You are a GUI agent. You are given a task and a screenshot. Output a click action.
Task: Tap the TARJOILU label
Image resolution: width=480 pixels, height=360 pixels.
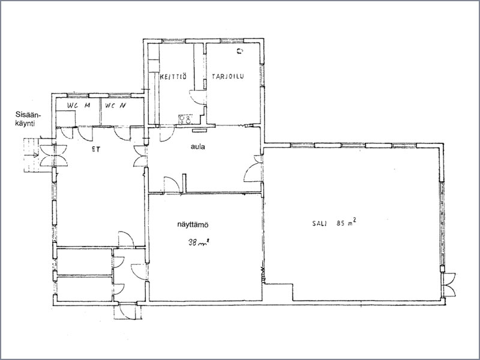coord(228,77)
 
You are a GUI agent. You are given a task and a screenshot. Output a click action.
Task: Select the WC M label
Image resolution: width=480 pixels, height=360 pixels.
coord(79,106)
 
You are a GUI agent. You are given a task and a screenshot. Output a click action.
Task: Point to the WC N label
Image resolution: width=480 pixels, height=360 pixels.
coord(115,106)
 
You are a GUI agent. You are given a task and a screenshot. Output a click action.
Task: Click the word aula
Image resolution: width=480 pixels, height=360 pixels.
coord(198,147)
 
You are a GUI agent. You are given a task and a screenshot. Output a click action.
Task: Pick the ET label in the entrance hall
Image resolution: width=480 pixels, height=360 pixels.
coord(96,149)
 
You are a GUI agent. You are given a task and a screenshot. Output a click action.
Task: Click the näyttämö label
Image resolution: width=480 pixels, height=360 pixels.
coord(193,224)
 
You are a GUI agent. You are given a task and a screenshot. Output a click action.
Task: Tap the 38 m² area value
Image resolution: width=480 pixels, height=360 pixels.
coord(199,242)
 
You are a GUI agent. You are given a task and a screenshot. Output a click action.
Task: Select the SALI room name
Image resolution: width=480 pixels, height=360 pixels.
coord(320,223)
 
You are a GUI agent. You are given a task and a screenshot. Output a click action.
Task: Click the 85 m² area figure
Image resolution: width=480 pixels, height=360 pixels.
coord(347,222)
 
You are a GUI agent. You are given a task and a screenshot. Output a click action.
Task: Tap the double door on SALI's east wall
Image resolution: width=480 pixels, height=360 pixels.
coord(449,284)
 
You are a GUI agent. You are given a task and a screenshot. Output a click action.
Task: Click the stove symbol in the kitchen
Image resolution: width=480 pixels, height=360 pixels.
coord(186,119)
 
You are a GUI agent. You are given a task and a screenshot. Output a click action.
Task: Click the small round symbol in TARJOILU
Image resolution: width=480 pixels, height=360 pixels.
coord(239,51)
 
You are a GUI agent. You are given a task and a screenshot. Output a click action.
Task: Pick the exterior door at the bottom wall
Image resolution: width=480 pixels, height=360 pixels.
coord(127,311)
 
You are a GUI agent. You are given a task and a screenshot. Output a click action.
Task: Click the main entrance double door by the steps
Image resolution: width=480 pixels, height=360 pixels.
coord(53,156)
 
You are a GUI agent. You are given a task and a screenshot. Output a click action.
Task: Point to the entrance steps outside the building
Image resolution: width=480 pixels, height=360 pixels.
coord(31,155)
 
